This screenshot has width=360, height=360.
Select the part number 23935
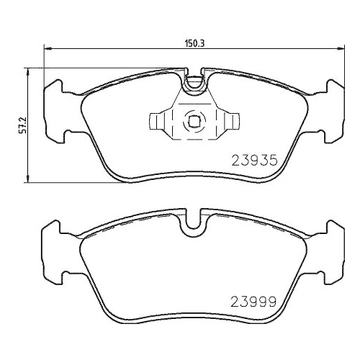pos(253,161)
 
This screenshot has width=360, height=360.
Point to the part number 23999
pos(253,302)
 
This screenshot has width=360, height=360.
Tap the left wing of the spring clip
pos(157,122)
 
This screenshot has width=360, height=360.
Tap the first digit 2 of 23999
pos(233,302)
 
